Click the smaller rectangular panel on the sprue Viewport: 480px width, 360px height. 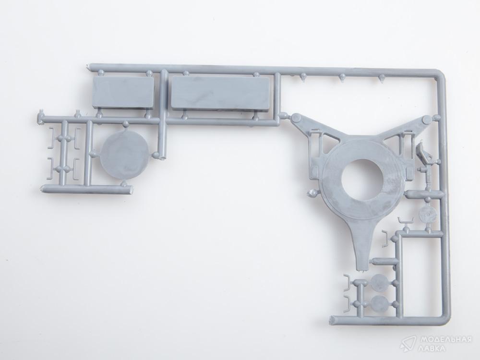(123, 92)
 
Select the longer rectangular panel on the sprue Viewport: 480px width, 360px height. (221, 93)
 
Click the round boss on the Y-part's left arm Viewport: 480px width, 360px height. (296, 118)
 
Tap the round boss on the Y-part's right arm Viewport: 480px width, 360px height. (427, 120)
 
